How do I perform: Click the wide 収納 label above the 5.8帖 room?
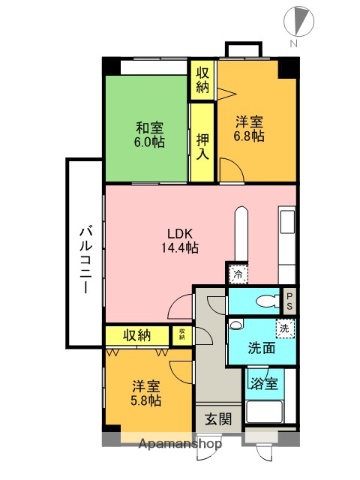pos(138,335)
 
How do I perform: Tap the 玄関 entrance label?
pos(218,419)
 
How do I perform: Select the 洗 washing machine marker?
pos(286,329)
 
